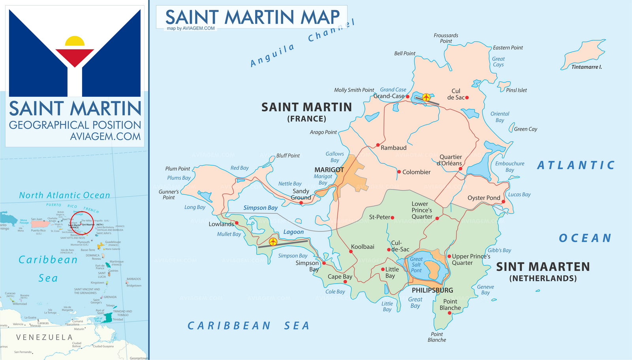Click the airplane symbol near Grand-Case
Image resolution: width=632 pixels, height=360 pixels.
(426, 97)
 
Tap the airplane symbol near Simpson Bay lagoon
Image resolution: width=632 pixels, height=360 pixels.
(273, 242)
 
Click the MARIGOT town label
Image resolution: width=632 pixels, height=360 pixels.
(329, 170)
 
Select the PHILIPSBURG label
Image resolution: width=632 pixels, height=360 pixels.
(433, 290)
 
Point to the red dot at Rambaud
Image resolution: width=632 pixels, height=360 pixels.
(378, 145)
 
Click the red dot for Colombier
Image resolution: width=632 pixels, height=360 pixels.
(399, 172)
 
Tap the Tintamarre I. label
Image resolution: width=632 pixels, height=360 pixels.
(587, 67)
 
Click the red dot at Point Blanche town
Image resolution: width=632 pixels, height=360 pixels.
(450, 313)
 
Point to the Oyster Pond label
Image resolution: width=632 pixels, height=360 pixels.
(483, 198)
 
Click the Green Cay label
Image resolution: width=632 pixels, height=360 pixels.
(525, 129)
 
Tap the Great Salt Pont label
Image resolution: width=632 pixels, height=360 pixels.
(416, 265)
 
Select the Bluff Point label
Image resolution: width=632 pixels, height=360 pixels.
(288, 156)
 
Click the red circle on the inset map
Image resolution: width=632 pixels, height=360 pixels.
(81, 223)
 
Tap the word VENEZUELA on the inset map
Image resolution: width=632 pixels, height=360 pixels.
(44, 337)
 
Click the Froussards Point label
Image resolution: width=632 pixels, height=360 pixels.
(446, 38)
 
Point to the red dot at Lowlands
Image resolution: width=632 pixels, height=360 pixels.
(237, 223)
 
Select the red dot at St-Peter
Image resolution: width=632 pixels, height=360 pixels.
(393, 217)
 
